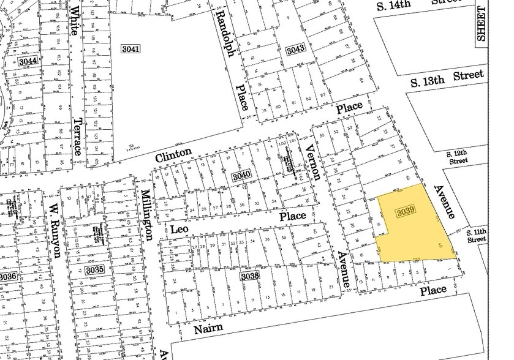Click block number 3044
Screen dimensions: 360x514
[28, 61]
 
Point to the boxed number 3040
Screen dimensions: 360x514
[241, 176]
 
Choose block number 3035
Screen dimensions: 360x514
[94, 269]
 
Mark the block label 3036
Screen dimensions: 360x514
[7, 277]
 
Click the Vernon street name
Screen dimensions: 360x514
[313, 162]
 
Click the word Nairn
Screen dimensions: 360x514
[207, 329]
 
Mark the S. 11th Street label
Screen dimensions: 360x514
[476, 235]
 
